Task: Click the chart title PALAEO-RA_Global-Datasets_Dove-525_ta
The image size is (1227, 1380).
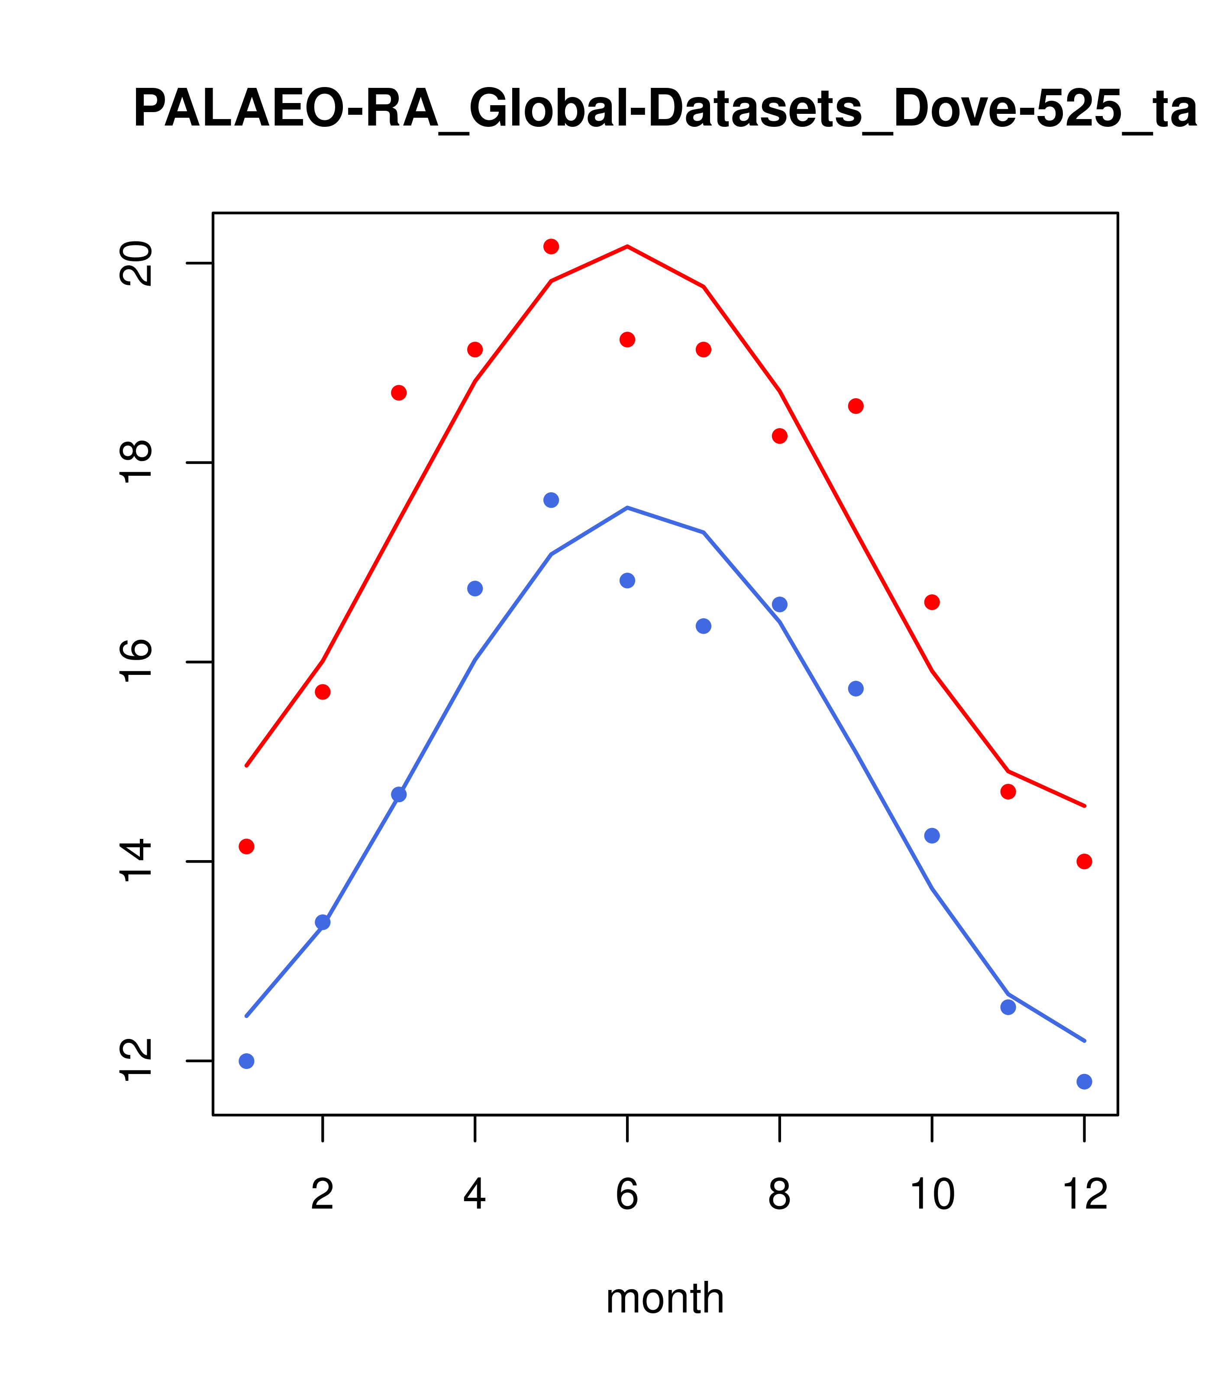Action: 665,110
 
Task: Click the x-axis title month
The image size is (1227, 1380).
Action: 665,1298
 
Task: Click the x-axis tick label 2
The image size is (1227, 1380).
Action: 323,1195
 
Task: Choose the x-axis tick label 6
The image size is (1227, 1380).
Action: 627,1195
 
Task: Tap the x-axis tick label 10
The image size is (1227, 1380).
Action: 932,1195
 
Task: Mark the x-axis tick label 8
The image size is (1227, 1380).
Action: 779,1195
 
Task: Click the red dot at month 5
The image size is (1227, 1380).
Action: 551,246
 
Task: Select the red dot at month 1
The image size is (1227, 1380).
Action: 246,847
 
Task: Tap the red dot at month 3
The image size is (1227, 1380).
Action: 399,393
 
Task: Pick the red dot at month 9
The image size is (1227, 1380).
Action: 856,406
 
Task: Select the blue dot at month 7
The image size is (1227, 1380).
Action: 704,626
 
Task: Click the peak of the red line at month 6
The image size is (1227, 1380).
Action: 627,246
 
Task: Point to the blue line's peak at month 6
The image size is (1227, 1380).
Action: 627,508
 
